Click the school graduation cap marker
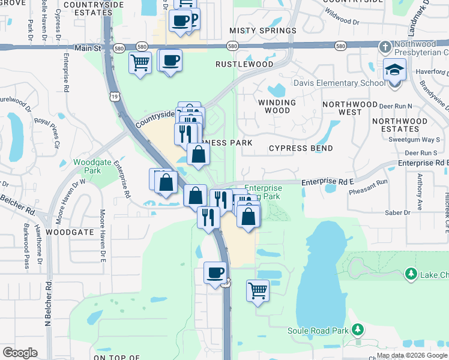(x=395, y=71)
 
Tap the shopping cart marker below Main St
(x=140, y=62)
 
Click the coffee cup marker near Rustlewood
(x=170, y=60)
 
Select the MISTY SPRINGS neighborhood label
(x=263, y=31)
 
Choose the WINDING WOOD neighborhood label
(x=277, y=106)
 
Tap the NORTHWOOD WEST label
(x=350, y=108)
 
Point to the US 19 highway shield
(x=113, y=95)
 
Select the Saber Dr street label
(x=398, y=212)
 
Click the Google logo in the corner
(x=20, y=353)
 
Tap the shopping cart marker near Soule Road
(x=258, y=291)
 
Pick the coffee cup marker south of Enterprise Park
(x=215, y=273)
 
